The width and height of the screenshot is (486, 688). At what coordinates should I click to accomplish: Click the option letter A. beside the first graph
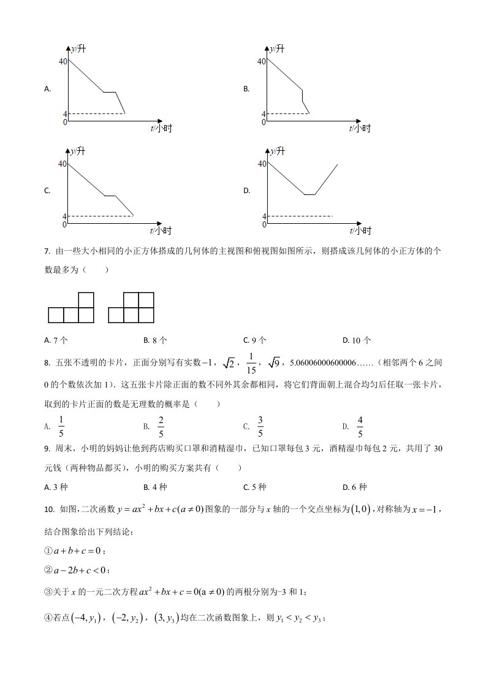(47, 89)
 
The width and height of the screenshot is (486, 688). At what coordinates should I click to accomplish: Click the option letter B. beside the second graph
(246, 89)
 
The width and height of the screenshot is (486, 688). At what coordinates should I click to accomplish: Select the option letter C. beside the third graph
(47, 191)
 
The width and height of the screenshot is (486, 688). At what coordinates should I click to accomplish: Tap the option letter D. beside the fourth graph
(246, 191)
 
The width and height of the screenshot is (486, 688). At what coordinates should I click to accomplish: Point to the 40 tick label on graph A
(63, 61)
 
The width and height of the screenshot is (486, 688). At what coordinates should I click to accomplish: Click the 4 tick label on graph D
(264, 216)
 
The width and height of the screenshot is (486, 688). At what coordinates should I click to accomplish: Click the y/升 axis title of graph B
(277, 48)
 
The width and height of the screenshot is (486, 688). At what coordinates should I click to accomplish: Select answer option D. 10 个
(357, 340)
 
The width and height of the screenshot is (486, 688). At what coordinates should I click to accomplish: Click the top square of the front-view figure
(86, 300)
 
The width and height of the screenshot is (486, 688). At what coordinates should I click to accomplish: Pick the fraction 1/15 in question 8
(251, 364)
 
